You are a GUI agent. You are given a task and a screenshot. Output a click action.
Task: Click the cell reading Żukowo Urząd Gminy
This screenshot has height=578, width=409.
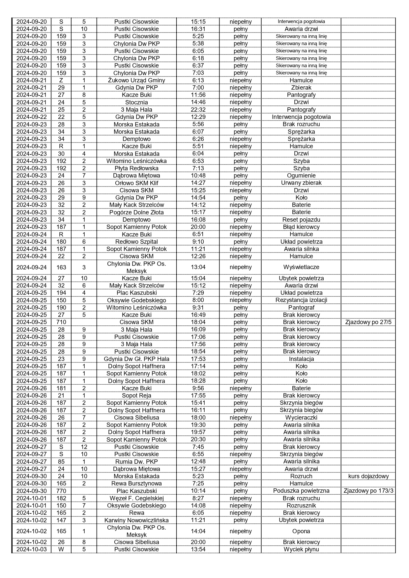(x=136, y=80)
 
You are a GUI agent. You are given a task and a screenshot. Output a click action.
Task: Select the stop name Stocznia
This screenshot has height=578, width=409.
(x=136, y=102)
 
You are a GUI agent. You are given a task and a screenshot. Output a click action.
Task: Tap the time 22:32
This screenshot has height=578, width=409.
(x=198, y=110)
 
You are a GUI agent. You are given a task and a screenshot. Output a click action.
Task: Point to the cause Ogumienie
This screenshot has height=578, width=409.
(x=301, y=176)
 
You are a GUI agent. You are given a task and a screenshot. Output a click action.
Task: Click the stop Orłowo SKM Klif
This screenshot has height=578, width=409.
(x=136, y=183)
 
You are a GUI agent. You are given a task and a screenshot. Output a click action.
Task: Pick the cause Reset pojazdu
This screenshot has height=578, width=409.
(x=301, y=220)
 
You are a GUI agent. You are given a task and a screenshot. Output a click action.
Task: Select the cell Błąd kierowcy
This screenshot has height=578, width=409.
(x=301, y=227)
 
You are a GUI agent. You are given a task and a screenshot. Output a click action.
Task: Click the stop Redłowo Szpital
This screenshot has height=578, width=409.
(x=136, y=242)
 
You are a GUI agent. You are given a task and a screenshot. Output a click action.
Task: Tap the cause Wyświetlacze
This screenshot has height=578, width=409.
(x=301, y=267)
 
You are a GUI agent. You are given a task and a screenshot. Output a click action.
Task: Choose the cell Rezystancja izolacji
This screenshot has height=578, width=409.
(x=301, y=300)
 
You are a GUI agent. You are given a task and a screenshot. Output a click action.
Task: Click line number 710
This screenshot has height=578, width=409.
(x=61, y=322)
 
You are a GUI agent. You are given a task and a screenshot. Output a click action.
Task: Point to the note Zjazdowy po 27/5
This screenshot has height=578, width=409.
(x=368, y=322)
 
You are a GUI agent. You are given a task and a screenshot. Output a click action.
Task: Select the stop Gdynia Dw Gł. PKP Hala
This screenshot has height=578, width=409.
(x=136, y=359)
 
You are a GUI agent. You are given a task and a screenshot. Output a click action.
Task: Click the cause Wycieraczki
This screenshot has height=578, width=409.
(x=301, y=418)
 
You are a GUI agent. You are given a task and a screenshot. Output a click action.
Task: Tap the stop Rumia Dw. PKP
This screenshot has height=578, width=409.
(x=136, y=462)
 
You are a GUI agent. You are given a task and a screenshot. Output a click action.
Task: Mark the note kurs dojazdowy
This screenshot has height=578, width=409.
(x=368, y=476)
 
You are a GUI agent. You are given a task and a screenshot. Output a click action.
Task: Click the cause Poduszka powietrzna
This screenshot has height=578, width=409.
(x=301, y=491)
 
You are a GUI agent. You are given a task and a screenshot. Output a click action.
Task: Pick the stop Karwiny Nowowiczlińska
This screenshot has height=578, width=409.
(x=136, y=520)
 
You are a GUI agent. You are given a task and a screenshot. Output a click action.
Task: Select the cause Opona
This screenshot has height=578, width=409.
(x=301, y=531)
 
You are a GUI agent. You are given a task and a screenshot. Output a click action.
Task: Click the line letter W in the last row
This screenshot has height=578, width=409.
(x=61, y=549)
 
